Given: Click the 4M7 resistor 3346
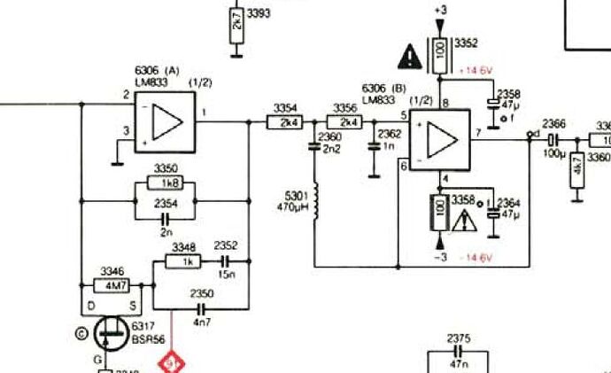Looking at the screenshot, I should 112,286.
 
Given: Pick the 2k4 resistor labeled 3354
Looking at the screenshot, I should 286,122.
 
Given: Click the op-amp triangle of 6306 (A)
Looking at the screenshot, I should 166,120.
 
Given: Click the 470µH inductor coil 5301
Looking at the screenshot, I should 315,202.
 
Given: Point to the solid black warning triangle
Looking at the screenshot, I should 410,57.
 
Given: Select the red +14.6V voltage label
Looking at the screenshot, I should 475,69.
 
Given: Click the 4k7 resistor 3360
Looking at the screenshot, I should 576,171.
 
